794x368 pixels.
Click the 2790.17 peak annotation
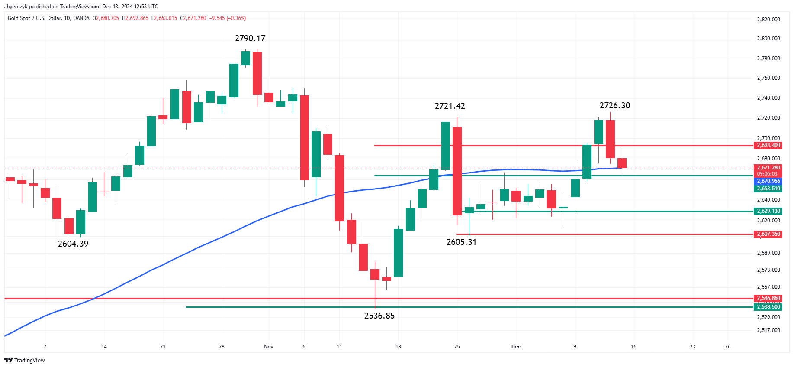click(x=250, y=39)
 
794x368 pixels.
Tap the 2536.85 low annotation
click(x=379, y=316)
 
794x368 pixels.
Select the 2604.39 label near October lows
click(x=73, y=244)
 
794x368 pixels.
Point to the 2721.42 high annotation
click(x=450, y=106)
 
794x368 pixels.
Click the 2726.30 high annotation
click(x=615, y=106)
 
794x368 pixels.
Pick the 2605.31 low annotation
click(x=461, y=242)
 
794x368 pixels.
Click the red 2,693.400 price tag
click(x=768, y=146)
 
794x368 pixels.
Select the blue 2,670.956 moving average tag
click(x=768, y=181)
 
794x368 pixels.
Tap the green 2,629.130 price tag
click(x=768, y=212)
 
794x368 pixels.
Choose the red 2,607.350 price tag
click(x=768, y=234)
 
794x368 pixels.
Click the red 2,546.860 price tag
click(x=768, y=298)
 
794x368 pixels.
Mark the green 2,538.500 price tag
click(x=768, y=307)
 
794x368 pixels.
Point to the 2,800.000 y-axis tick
click(x=768, y=39)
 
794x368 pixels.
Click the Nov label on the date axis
click(x=269, y=347)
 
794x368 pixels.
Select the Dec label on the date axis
click(x=516, y=347)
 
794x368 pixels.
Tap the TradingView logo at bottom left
click(x=25, y=361)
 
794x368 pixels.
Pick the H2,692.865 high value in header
click(x=135, y=18)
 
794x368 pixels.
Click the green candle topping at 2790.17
click(x=245, y=58)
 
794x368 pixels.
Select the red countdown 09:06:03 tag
click(x=767, y=174)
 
